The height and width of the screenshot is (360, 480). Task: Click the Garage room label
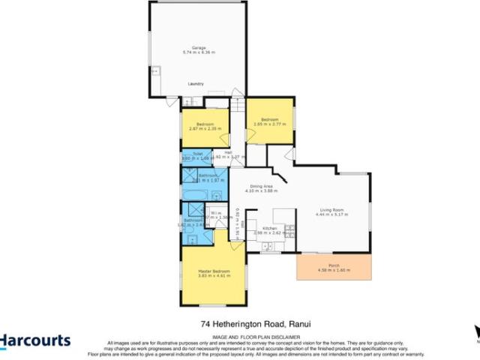[x=198, y=47]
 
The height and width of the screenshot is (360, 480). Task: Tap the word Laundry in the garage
[x=196, y=83]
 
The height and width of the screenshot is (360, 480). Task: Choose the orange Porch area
[x=334, y=267]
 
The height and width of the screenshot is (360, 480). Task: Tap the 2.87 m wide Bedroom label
[x=205, y=123]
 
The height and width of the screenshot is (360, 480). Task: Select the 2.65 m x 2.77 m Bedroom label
[x=270, y=119]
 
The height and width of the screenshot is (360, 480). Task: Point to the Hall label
[x=227, y=152]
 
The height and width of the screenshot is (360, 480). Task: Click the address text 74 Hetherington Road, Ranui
[x=256, y=325]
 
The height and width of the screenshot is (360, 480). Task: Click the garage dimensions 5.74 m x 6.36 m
[x=198, y=52]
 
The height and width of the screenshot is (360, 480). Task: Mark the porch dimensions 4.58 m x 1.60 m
[x=334, y=271]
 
